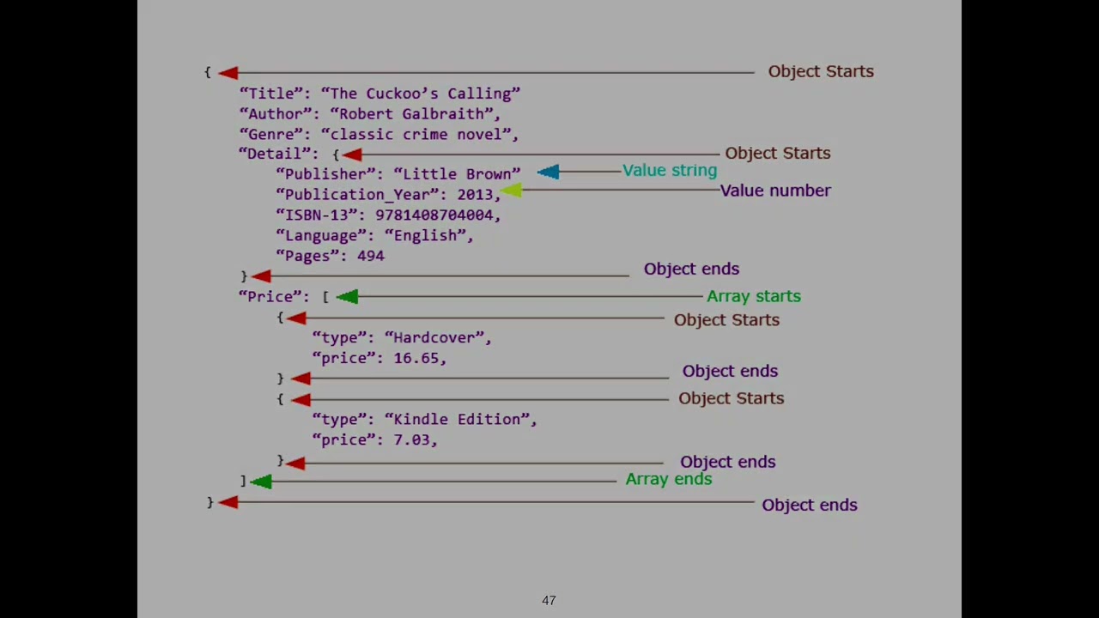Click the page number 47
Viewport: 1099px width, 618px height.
pos(549,601)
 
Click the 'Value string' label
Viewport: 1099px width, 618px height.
pos(670,170)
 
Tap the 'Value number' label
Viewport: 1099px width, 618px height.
pos(775,191)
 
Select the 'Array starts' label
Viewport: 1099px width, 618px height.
pos(753,296)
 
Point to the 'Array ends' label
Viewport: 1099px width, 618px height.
pos(668,479)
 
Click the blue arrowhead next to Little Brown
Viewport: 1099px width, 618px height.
pos(549,173)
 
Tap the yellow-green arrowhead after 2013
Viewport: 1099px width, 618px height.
pos(511,191)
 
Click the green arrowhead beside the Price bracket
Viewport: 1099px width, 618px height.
pos(347,296)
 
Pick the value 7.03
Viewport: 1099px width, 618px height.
pos(412,439)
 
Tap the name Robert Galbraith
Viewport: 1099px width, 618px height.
pos(411,113)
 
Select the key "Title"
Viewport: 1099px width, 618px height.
pos(270,94)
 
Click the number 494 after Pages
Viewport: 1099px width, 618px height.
pos(370,256)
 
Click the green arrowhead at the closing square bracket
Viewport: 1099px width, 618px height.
pos(261,482)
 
